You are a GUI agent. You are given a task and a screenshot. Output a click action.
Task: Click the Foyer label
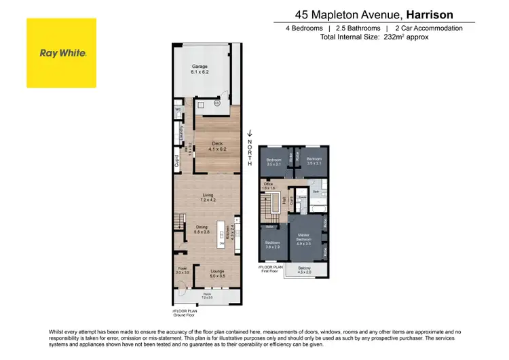[x=182, y=270]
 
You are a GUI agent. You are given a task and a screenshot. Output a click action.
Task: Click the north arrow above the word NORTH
[x=250, y=134]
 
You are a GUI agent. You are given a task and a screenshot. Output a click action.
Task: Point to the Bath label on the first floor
[x=316, y=192]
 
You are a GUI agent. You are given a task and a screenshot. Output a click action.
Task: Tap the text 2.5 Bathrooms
[x=356, y=28]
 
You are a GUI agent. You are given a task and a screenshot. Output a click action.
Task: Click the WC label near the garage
[x=178, y=109]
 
